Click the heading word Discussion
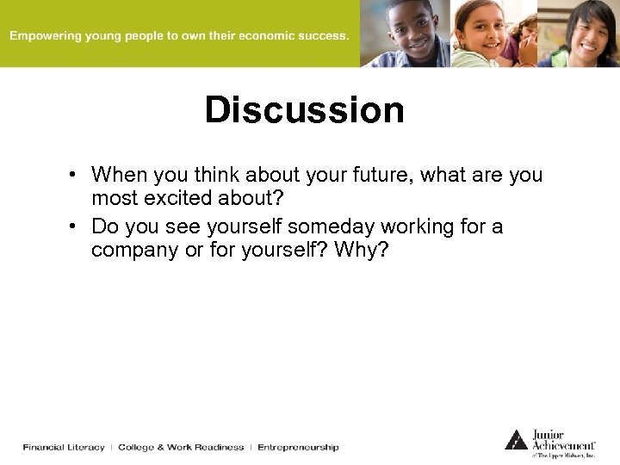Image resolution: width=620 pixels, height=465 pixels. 304,110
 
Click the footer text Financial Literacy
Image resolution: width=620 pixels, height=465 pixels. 64,447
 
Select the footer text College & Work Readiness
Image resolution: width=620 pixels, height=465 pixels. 181,447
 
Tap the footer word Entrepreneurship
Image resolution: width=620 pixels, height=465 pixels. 298,447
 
